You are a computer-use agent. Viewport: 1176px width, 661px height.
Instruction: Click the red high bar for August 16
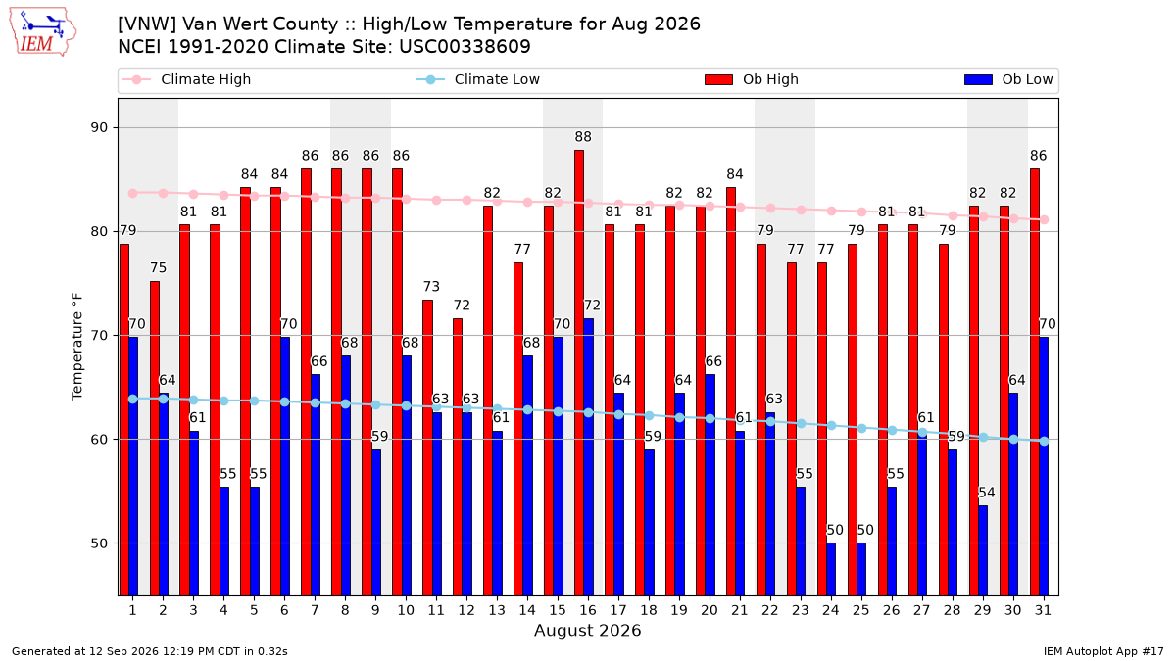pyautogui.click(x=579, y=373)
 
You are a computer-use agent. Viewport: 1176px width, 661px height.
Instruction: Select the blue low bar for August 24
pyautogui.click(x=831, y=569)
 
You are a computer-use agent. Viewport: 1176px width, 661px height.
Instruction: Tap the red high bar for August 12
pyautogui.click(x=458, y=457)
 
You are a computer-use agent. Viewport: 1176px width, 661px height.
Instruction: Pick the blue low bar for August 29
pyautogui.click(x=983, y=550)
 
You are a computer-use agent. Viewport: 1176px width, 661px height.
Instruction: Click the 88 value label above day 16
pyautogui.click(x=583, y=137)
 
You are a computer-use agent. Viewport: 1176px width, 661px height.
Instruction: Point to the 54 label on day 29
pyautogui.click(x=987, y=493)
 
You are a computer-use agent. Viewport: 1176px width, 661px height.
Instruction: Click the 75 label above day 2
pyautogui.click(x=158, y=268)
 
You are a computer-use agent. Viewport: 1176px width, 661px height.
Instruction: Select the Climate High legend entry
pyautogui.click(x=187, y=79)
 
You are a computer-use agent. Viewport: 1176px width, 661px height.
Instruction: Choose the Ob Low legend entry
pyautogui.click(x=1008, y=79)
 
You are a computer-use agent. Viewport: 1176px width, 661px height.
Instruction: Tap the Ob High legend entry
pyautogui.click(x=752, y=79)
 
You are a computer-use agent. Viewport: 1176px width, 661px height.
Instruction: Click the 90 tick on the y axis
pyautogui.click(x=99, y=128)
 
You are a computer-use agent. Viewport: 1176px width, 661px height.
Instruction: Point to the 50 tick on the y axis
pyautogui.click(x=99, y=543)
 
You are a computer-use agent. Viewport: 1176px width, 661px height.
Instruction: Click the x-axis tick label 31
pyautogui.click(x=1043, y=611)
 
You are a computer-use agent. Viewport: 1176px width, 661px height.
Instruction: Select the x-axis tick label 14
pyautogui.click(x=527, y=611)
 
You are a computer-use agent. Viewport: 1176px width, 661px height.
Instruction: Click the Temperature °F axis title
pyautogui.click(x=77, y=347)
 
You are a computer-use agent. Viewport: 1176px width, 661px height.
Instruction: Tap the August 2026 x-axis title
pyautogui.click(x=588, y=630)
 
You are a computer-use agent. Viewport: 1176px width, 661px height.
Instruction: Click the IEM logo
pyautogui.click(x=42, y=32)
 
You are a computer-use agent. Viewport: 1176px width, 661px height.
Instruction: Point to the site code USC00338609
pyautogui.click(x=465, y=47)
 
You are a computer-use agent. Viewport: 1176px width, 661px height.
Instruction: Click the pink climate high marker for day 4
pyautogui.click(x=223, y=195)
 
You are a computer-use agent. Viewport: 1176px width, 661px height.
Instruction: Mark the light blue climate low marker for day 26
pyautogui.click(x=892, y=430)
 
